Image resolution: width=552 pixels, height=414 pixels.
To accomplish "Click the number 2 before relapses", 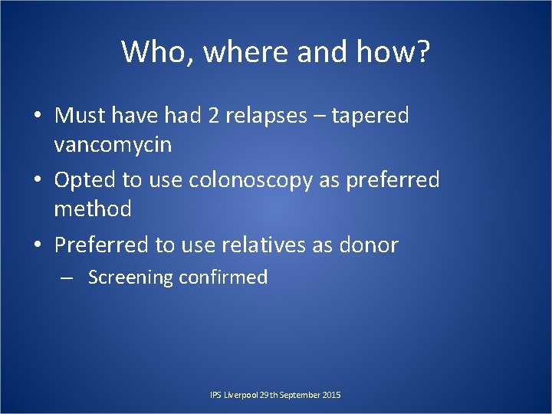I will point(211,116).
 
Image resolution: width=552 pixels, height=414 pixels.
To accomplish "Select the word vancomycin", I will point(113,144).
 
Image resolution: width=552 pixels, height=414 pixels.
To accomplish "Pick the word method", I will point(93,208).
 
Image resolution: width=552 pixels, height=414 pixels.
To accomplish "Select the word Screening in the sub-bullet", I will point(130,278).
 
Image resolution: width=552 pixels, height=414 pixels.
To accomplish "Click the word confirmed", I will point(223,278).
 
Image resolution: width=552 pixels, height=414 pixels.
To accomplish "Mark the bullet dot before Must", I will point(37,117).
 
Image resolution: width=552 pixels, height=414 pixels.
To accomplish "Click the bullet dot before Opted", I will point(37,181).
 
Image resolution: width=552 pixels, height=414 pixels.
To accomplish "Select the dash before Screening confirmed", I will point(67,278).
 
